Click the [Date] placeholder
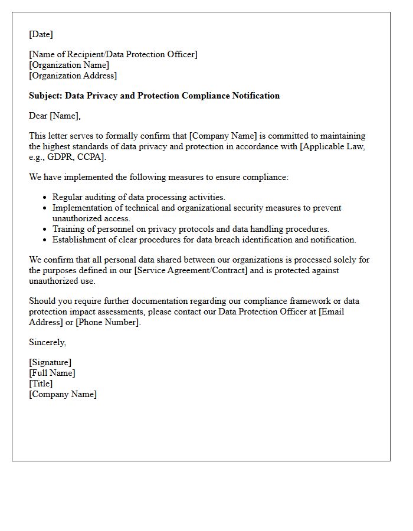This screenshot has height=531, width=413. pos(41,34)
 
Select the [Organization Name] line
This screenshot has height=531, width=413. pos(69,65)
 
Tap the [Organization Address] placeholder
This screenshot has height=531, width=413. pos(73,76)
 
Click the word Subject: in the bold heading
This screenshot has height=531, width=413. pos(45,96)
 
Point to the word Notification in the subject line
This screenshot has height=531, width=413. pos(255,96)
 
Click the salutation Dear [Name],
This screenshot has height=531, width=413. pos(55,116)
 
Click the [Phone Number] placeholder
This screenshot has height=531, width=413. pos(108,322)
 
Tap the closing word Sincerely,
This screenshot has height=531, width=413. pos(48,342)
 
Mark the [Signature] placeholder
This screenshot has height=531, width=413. pos(50,362)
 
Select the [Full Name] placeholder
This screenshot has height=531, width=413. pos(52,373)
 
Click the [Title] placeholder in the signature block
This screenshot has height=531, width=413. pos(41,383)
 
